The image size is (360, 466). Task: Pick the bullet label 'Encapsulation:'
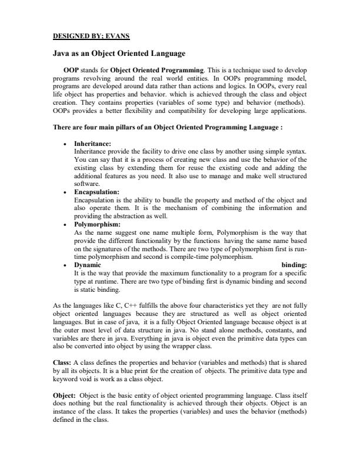(96, 192)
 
